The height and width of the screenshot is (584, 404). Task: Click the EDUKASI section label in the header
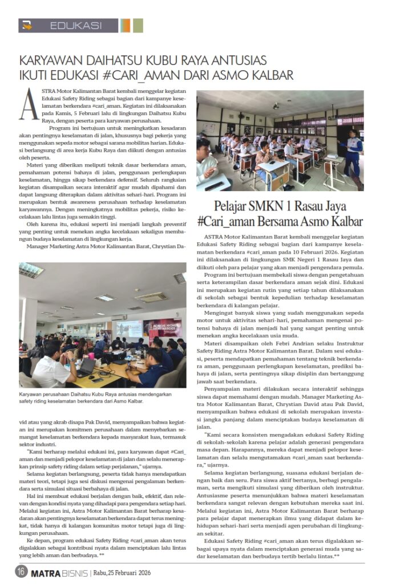click(x=76, y=26)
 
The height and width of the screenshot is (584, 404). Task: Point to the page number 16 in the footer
click(x=22, y=571)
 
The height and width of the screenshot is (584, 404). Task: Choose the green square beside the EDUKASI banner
click(x=138, y=26)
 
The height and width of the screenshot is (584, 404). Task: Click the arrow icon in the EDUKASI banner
click(x=28, y=26)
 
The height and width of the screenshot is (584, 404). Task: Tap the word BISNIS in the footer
click(x=76, y=571)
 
